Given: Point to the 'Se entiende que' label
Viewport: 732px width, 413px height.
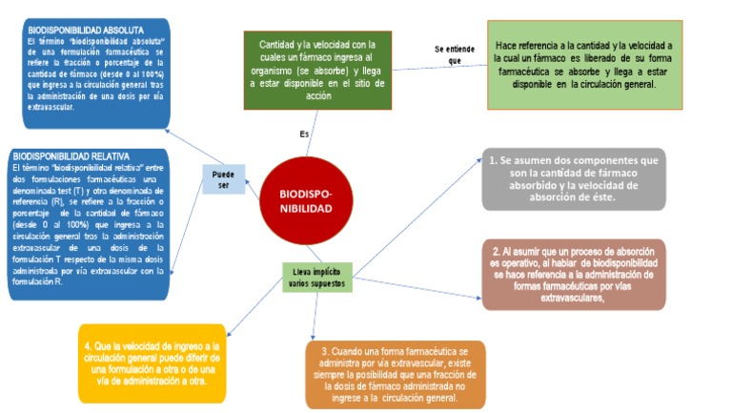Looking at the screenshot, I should pos(447,53).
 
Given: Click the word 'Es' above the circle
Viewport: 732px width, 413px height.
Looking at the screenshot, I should pos(304,134).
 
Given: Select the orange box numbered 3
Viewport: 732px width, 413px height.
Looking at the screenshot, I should pos(396,374).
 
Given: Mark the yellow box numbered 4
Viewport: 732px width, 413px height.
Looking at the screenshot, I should pos(152,362).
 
